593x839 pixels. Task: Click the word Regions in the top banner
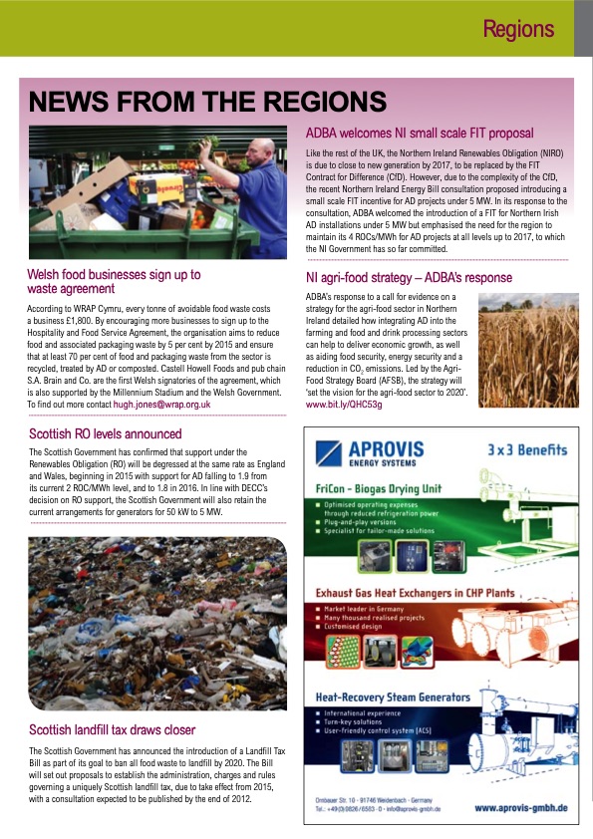[518, 29]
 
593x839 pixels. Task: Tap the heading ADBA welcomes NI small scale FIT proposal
[419, 134]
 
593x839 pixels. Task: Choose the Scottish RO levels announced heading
[105, 434]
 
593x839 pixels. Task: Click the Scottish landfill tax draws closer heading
[112, 729]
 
